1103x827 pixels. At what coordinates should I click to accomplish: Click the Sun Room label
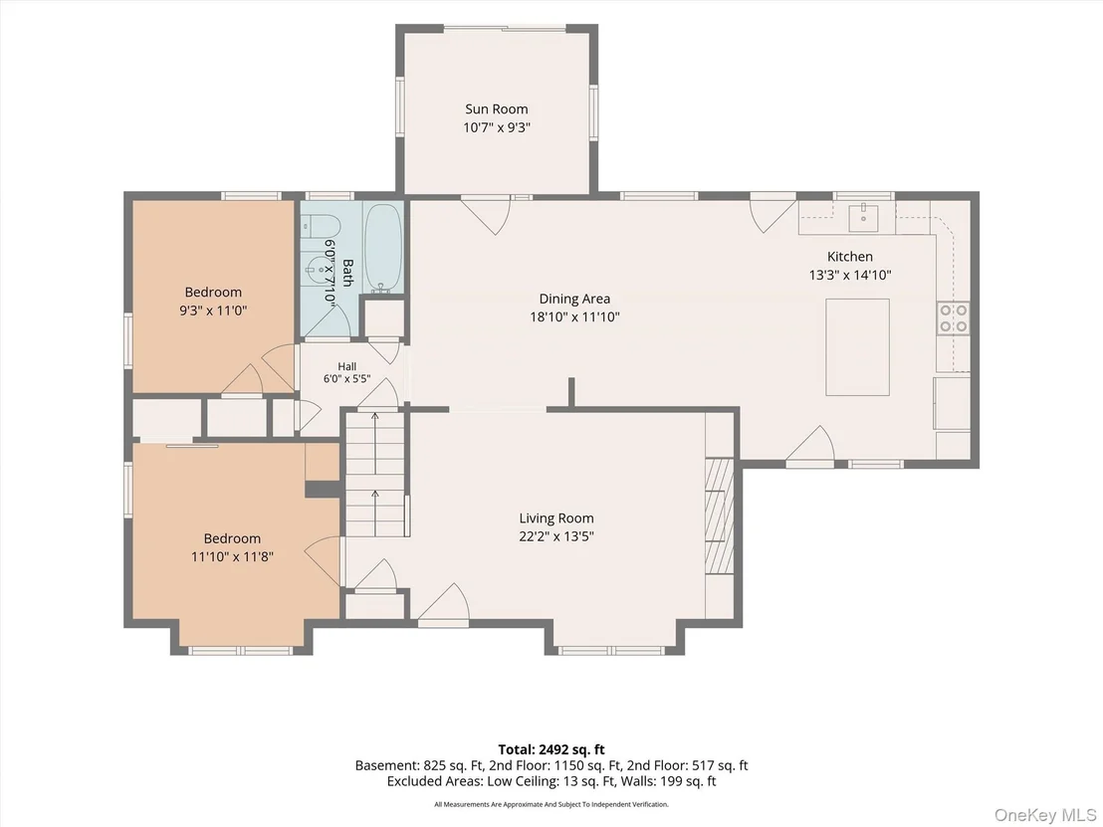(496, 109)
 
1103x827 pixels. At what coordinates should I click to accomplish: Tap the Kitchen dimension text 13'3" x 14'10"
(850, 275)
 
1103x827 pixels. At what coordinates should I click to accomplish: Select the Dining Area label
(574, 299)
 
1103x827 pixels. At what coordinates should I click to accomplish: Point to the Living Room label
(556, 518)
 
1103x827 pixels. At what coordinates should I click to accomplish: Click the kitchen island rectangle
(857, 347)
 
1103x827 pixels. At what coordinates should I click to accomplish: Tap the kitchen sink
(863, 217)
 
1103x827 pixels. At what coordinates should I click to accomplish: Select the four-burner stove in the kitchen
(953, 317)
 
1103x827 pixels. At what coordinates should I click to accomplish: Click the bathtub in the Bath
(383, 248)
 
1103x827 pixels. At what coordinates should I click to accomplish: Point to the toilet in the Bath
(322, 227)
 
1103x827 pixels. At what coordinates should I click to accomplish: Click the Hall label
(346, 366)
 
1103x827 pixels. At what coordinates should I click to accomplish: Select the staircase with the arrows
(374, 475)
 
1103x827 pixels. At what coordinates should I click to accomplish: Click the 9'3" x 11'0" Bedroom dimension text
(213, 310)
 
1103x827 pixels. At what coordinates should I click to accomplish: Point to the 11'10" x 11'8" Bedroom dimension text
(232, 557)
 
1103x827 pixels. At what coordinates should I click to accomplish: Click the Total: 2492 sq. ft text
(551, 749)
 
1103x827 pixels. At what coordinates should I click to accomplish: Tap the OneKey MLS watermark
(1045, 815)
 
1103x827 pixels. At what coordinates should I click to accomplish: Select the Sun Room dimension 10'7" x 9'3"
(496, 128)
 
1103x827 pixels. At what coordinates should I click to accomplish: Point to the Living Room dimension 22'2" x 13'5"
(556, 536)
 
